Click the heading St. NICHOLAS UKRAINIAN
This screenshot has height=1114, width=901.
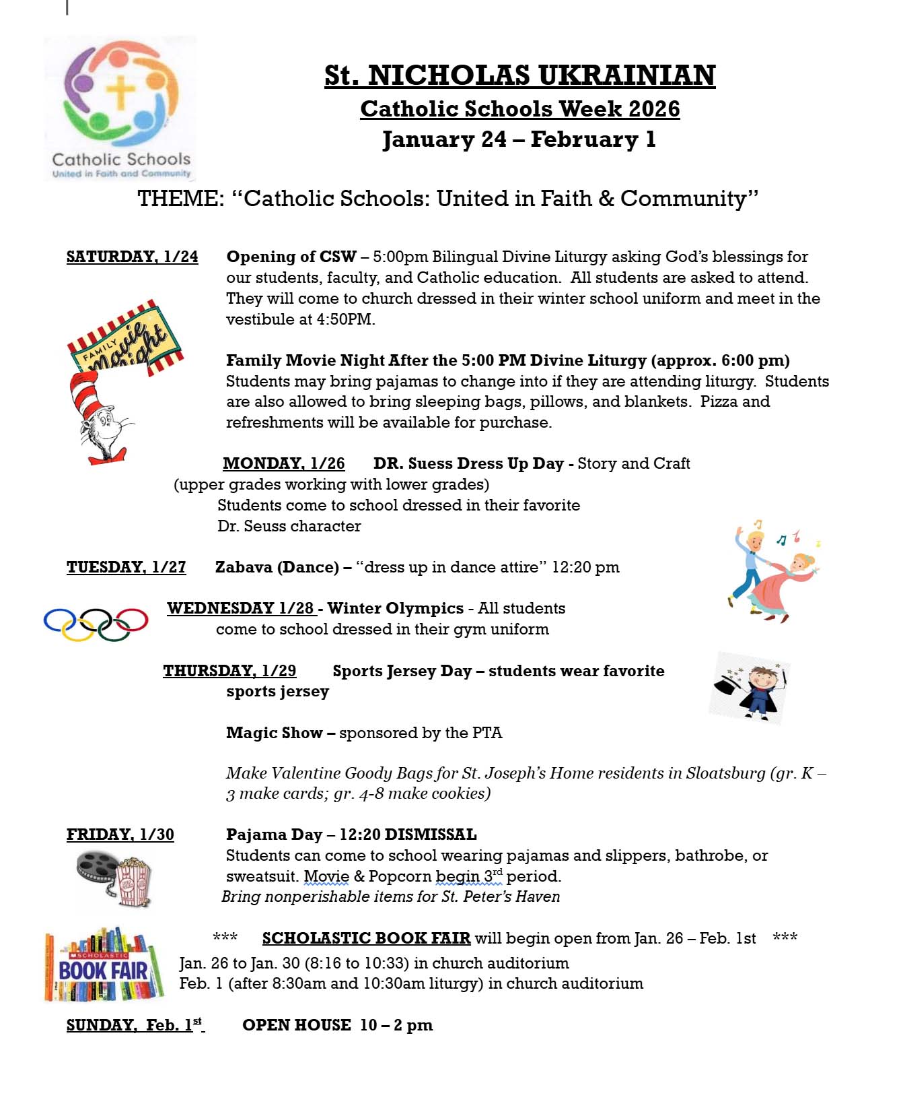click(x=519, y=75)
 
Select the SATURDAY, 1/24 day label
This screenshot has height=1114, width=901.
click(x=132, y=257)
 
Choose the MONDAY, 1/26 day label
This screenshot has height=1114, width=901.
click(x=283, y=463)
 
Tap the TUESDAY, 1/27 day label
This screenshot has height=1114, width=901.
click(x=126, y=567)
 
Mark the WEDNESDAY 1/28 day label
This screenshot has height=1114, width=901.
click(x=241, y=608)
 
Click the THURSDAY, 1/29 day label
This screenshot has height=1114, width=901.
click(x=229, y=671)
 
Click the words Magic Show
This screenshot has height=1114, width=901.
click(x=274, y=733)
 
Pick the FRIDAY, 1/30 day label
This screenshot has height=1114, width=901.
click(x=120, y=834)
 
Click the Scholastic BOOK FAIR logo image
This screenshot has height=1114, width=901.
click(x=104, y=965)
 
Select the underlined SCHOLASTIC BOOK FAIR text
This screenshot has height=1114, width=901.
click(x=366, y=938)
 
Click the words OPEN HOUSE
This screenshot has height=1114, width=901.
click(x=296, y=1025)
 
